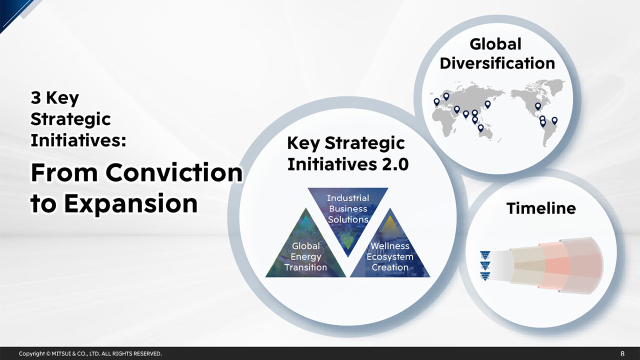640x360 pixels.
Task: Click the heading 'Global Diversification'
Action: pyautogui.click(x=497, y=54)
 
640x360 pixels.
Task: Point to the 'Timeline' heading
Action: pyautogui.click(x=541, y=208)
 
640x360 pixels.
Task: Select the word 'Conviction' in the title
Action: pyautogui.click(x=173, y=173)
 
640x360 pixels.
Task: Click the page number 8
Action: pyautogui.click(x=622, y=353)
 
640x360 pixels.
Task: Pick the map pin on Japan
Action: pyautogui.click(x=487, y=104)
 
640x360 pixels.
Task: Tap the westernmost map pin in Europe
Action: pyautogui.click(x=436, y=101)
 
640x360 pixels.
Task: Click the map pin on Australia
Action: pyautogui.click(x=480, y=128)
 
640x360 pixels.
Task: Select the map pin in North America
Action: pyautogui.click(x=538, y=106)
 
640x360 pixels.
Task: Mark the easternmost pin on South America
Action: pyautogui.click(x=554, y=120)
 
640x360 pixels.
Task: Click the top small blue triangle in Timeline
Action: pyautogui.click(x=484, y=254)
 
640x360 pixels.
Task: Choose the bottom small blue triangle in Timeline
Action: pyautogui.click(x=484, y=276)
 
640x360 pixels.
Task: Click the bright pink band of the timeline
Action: pyautogui.click(x=557, y=265)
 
